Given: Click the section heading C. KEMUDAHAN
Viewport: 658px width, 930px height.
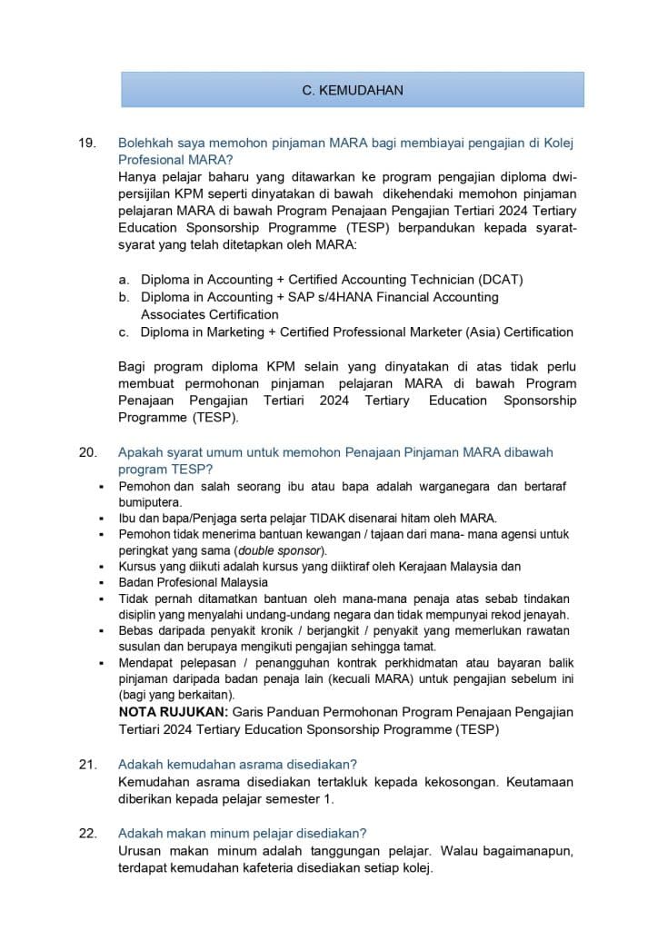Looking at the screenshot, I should [353, 90].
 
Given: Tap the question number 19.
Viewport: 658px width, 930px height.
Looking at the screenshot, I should [87, 143].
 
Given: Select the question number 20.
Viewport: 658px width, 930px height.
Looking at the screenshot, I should [87, 451].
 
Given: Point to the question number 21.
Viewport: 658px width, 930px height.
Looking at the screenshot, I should [87, 764].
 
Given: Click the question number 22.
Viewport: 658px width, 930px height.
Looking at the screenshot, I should [87, 833].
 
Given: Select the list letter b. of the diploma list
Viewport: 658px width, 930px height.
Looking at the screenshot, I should [124, 297].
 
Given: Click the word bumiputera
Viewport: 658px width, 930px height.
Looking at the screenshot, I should [150, 502].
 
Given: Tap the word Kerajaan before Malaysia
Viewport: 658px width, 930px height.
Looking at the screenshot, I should [414, 566].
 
